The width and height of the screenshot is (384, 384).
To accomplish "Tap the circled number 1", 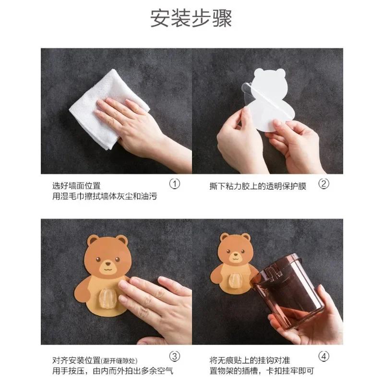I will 175,184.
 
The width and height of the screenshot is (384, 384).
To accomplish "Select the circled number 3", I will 175,356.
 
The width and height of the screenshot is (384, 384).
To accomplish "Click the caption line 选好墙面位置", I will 77,185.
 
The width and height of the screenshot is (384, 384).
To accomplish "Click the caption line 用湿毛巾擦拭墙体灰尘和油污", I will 105,196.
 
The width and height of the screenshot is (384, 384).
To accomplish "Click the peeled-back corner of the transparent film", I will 245,89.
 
